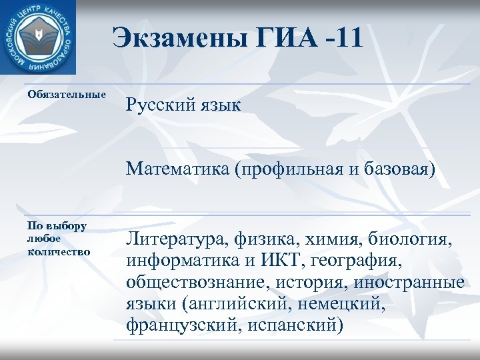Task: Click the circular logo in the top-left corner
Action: (37, 37)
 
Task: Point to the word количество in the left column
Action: (59, 251)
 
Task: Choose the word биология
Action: (421, 238)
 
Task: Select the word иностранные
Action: (415, 281)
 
